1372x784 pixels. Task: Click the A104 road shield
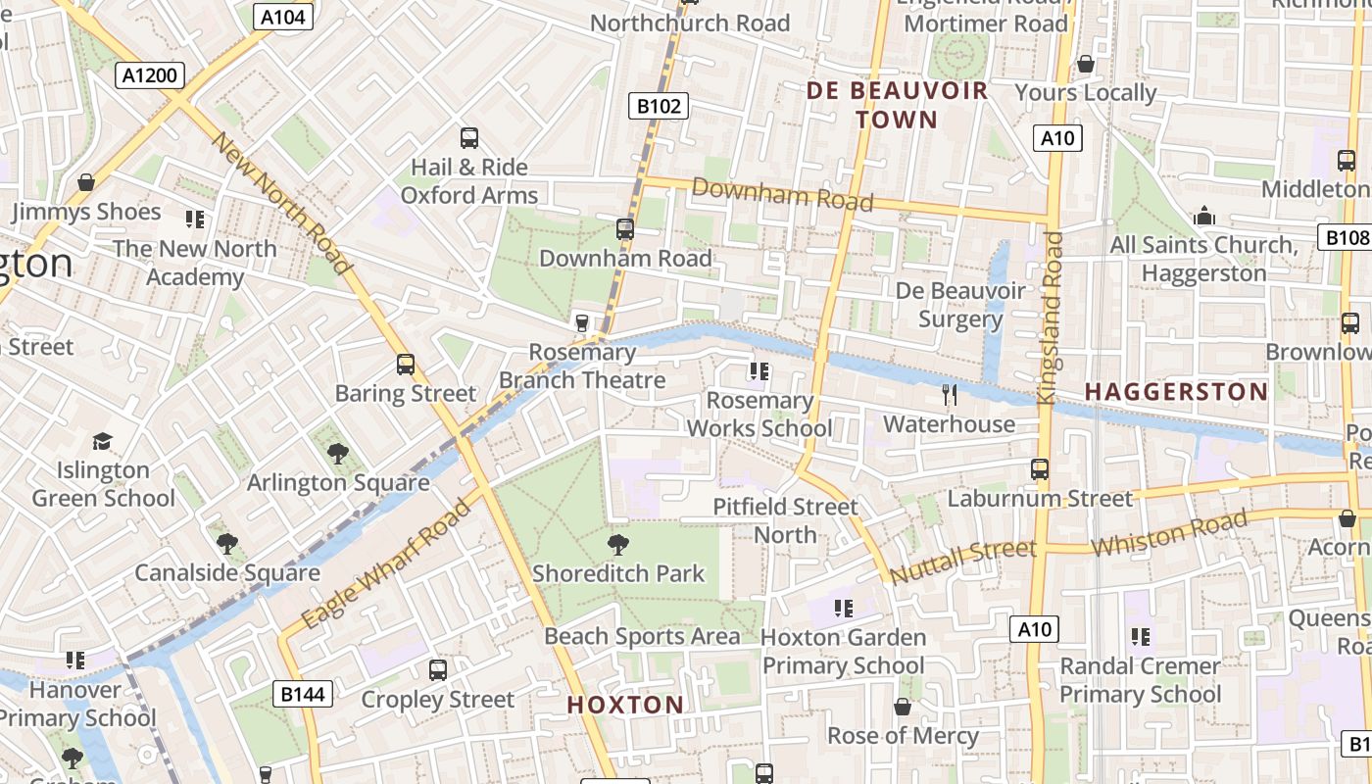point(282,16)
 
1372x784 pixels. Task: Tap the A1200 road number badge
point(149,75)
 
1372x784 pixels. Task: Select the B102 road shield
point(658,105)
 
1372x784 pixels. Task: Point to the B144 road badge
point(304,695)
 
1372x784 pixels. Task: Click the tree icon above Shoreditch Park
point(617,544)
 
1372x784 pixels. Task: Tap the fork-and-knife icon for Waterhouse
point(949,395)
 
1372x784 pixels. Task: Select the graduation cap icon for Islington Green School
point(102,442)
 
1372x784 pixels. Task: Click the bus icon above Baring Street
point(406,365)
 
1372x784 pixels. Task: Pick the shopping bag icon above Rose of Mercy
point(903,707)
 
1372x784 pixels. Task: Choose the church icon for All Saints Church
point(1203,216)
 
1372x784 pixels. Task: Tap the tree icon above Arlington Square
point(338,454)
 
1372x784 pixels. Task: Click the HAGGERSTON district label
point(1176,392)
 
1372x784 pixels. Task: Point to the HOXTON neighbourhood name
point(625,704)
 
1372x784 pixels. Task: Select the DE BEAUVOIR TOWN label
point(897,105)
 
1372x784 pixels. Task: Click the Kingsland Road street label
point(1050,318)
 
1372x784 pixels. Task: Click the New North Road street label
point(281,203)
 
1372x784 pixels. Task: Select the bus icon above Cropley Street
point(438,670)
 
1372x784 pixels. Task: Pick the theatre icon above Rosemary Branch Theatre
point(582,322)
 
